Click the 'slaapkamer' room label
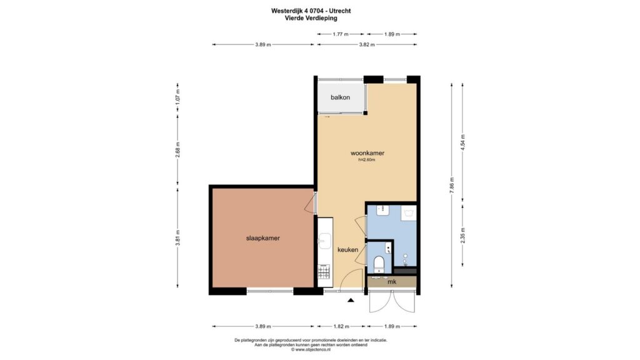[263, 238]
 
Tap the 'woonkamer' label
[367, 153]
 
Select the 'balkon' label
[340, 97]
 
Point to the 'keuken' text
[347, 250]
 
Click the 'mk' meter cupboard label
[392, 282]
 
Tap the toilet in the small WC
[379, 264]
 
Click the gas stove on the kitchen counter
[324, 271]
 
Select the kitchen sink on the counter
[325, 241]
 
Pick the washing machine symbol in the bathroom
[409, 213]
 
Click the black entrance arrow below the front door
[351, 301]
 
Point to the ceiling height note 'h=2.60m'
[366, 160]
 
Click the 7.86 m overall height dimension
[451, 185]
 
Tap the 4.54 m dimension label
[462, 142]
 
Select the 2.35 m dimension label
[462, 235]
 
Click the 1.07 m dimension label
[177, 97]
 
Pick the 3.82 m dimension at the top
[367, 45]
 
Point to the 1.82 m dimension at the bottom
[341, 326]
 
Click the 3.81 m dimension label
[177, 238]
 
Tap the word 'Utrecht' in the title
[340, 11]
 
